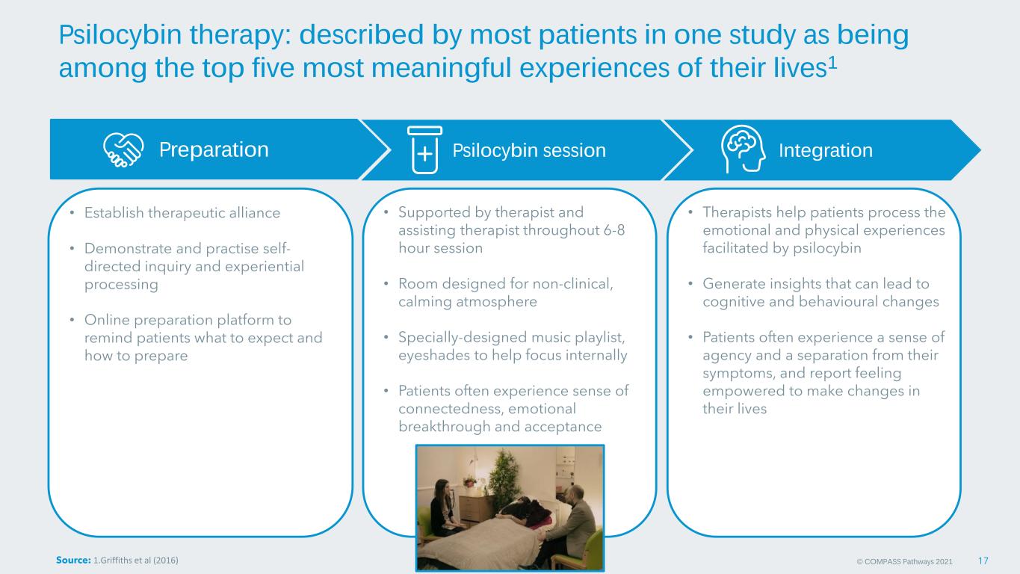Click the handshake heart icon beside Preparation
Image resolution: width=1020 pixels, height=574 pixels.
click(123, 150)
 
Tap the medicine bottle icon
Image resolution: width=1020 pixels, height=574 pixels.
click(424, 150)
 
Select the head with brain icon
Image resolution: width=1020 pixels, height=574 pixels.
click(743, 149)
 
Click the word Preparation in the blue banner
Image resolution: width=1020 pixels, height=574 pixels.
click(214, 149)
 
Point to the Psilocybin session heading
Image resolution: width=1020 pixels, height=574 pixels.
click(529, 150)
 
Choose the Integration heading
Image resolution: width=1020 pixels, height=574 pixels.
click(826, 150)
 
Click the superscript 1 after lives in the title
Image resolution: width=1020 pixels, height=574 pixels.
click(832, 63)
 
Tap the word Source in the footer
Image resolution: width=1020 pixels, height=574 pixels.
click(73, 560)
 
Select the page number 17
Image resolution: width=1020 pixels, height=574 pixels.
click(983, 561)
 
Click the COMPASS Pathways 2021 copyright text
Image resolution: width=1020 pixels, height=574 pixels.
click(904, 562)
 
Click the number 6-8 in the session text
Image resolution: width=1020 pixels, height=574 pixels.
click(614, 230)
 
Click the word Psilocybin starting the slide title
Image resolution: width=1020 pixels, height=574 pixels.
click(120, 34)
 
